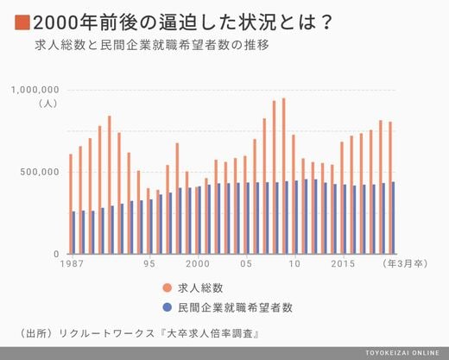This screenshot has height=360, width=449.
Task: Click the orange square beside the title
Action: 22,22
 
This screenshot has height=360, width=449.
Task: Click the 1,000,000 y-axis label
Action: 35,90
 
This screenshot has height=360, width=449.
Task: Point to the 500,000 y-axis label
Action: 40,172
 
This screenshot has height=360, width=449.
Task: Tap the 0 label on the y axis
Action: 56,254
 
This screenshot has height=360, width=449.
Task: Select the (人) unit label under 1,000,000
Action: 48,104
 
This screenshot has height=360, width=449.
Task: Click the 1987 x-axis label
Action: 72,263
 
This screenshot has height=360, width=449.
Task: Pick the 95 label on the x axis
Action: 149,263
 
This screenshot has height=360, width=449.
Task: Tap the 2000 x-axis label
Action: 198,263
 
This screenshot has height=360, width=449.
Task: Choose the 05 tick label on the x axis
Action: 246,263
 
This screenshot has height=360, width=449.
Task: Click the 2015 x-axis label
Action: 343,263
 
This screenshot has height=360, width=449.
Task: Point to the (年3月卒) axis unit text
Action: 405,263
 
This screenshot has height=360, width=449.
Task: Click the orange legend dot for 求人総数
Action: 168,287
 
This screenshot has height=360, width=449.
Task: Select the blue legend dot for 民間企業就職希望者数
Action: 168,307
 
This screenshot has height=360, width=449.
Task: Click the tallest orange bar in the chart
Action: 283,176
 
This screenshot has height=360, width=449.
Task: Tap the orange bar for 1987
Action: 71,204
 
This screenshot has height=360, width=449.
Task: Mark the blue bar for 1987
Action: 73,233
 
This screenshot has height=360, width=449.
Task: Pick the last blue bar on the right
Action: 393,218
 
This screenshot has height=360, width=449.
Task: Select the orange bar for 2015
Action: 342,198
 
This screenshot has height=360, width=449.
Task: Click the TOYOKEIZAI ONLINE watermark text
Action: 402,353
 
